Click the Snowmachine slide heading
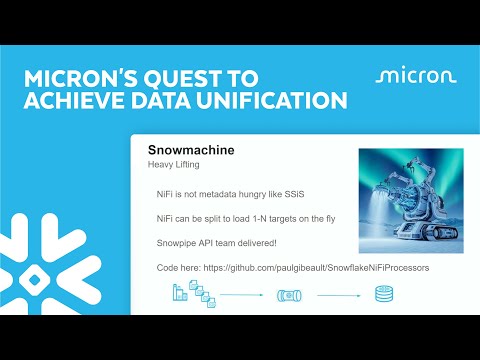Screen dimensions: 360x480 point(191,150)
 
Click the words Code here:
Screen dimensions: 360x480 point(181,268)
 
